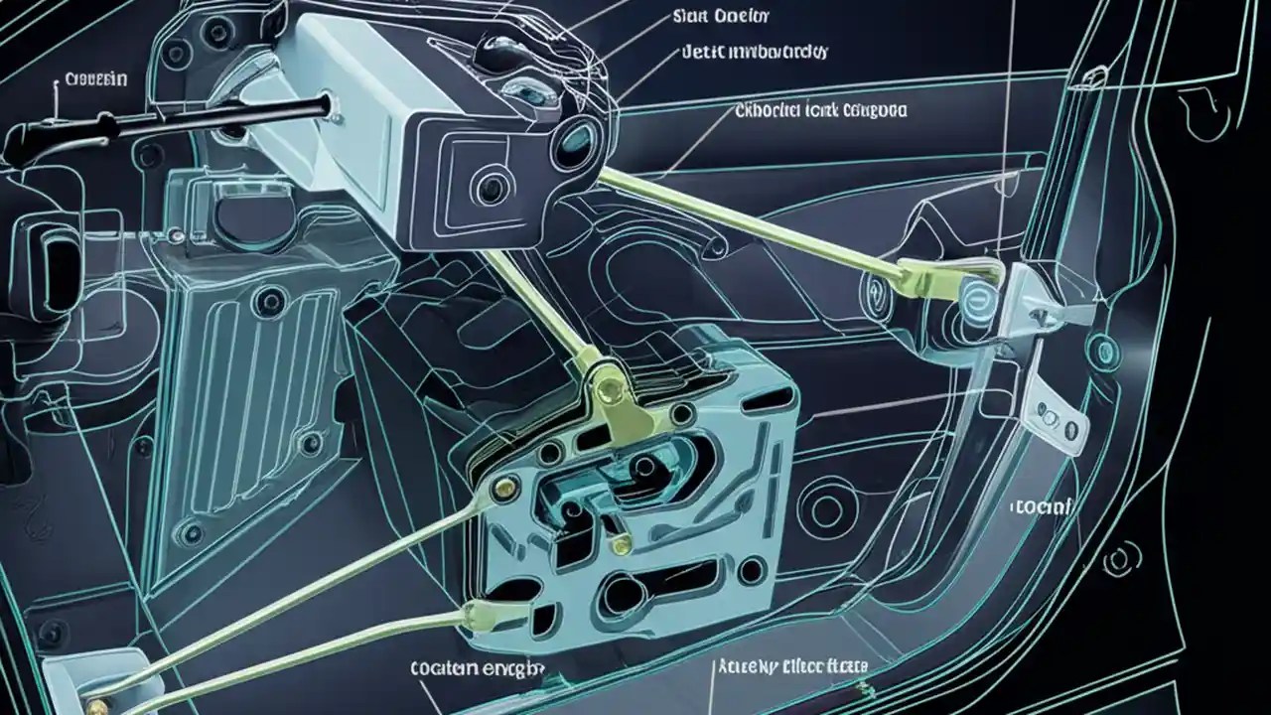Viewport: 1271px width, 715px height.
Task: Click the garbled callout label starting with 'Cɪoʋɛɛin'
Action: click(94, 80)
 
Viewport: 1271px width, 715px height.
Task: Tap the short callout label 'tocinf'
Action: click(1042, 506)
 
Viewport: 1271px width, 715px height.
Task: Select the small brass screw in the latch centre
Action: click(621, 543)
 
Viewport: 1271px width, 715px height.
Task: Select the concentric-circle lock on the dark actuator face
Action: click(490, 185)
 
